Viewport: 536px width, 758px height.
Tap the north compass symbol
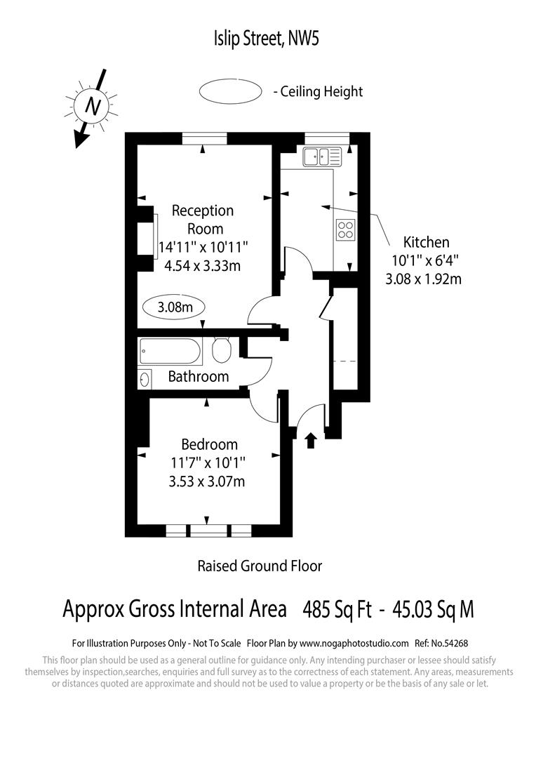pos(91,105)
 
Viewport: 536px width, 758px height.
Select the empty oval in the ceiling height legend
pos(229,91)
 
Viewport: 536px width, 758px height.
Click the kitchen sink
pos(322,157)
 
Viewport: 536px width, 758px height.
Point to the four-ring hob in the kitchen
pos(346,230)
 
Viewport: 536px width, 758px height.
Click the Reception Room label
pos(203,219)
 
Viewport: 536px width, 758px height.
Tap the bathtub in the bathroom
pos(170,350)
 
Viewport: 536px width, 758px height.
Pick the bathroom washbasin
pos(145,380)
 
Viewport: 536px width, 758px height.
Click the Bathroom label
pos(199,377)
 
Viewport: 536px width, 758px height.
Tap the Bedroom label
pos(209,444)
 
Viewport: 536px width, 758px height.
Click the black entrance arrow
pos(311,440)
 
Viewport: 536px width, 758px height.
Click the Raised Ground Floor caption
pos(260,566)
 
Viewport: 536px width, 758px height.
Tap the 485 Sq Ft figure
pos(337,609)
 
